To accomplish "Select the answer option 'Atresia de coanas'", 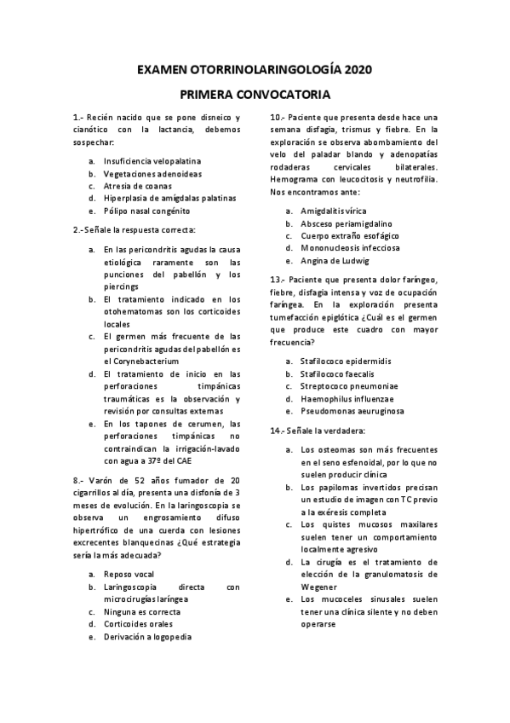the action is (x=137, y=185).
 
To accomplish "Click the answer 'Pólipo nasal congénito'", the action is (x=146, y=210).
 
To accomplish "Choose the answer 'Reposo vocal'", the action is (x=129, y=574).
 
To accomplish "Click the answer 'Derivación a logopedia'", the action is (x=147, y=637).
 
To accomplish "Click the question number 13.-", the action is (x=278, y=279).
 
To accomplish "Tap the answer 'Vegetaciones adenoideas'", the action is (x=152, y=173).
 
